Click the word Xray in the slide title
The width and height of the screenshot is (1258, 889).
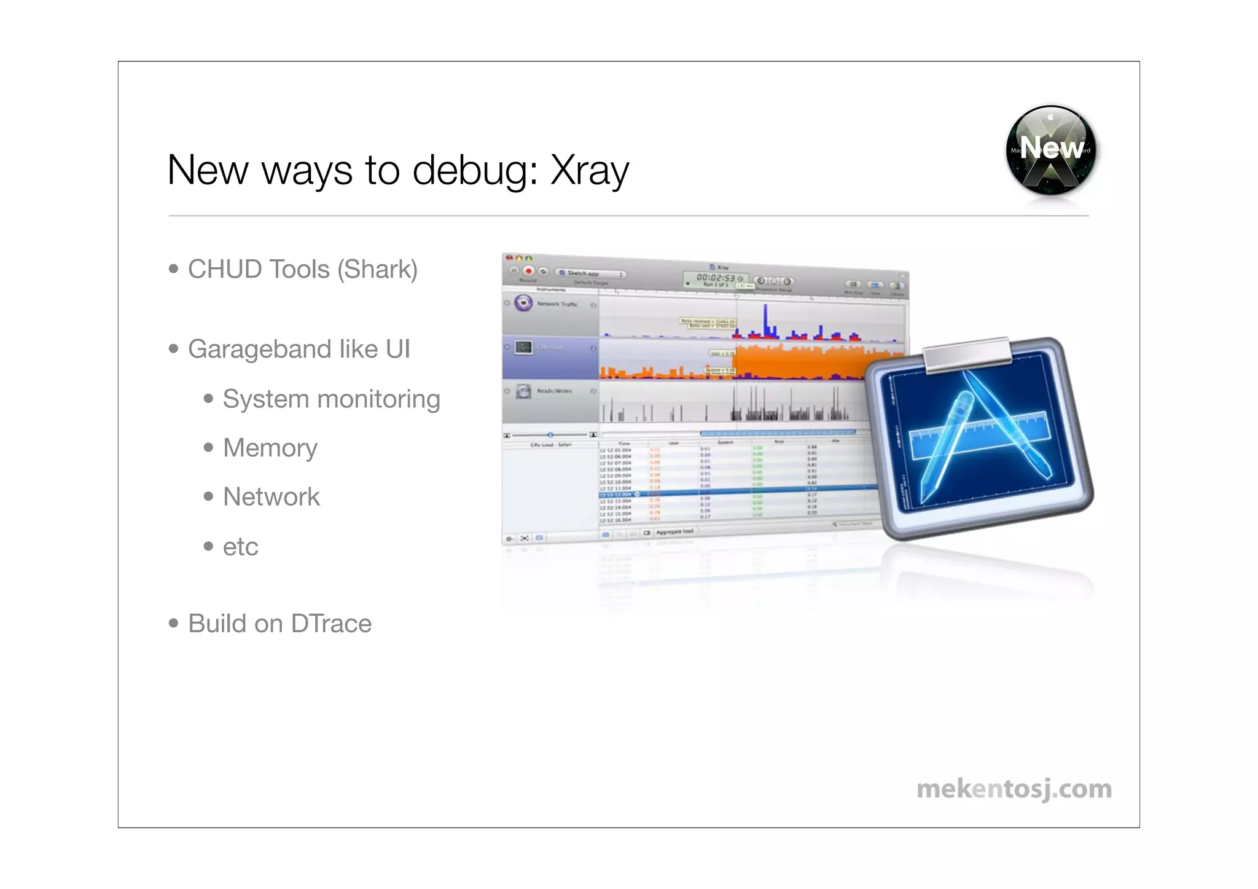tap(590, 170)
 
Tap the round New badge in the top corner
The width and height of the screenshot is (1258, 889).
tap(1051, 149)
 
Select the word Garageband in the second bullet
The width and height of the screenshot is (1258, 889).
tap(259, 350)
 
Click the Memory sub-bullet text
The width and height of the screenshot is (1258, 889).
tap(270, 448)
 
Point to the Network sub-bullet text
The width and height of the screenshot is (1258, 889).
tap(271, 497)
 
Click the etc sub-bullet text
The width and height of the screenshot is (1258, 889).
tap(240, 547)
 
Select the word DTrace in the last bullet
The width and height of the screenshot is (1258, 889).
tap(331, 624)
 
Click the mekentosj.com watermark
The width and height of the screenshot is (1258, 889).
tap(1014, 789)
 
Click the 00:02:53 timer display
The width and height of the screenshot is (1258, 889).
tap(715, 278)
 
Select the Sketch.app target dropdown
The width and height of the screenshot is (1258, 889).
tap(590, 273)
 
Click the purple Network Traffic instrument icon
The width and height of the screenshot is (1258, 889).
tap(523, 303)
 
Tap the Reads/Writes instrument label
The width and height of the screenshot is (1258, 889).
tap(554, 391)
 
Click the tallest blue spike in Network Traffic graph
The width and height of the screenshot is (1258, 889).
tap(765, 319)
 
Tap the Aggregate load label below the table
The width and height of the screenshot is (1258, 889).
tap(674, 531)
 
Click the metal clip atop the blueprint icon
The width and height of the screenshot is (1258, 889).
tap(967, 354)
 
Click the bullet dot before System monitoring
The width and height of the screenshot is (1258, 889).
tap(209, 399)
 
